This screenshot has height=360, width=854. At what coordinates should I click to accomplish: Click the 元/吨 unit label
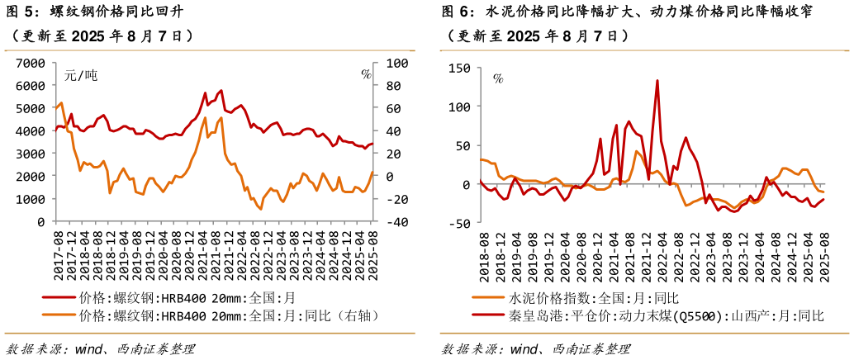coord(81,75)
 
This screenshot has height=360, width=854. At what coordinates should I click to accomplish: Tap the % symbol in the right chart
coord(498,78)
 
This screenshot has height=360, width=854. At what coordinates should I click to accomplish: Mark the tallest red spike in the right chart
coord(657,81)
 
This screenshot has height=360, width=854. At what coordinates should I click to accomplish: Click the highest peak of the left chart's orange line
coord(205,117)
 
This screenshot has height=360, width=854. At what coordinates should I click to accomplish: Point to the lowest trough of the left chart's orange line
coord(261,209)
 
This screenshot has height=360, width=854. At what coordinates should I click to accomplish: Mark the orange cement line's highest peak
coord(637,151)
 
